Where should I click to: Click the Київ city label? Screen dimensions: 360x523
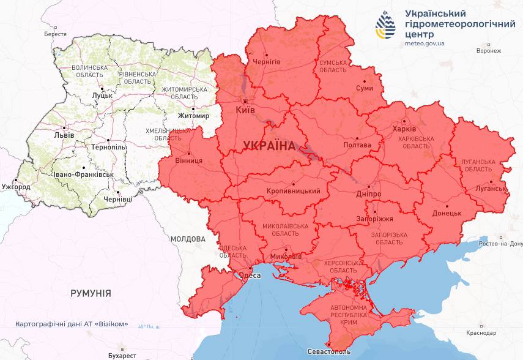[246, 111]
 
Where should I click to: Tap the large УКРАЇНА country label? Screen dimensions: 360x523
[269, 146]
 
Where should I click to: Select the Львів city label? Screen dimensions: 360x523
[64, 135]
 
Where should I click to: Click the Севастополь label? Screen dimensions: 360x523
[330, 353]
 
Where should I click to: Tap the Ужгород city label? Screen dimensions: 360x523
[16, 186]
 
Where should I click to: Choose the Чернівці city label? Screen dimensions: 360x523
[117, 200]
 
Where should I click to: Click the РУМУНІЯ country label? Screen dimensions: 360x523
[91, 293]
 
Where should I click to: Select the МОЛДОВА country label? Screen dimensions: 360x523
[188, 239]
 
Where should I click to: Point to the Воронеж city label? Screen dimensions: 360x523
[488, 51]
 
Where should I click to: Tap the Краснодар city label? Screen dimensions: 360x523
[480, 334]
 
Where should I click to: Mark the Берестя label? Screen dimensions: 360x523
[55, 34]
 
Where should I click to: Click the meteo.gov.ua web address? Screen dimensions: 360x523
[425, 44]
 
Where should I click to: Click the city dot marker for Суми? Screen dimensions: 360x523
[365, 81]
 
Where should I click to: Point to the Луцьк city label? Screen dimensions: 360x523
[102, 96]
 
